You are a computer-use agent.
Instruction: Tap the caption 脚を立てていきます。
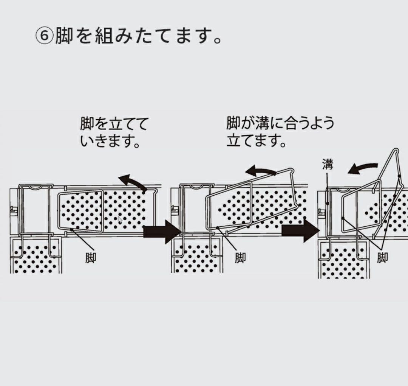pos(113,133)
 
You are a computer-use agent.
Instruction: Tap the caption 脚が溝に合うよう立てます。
pos(280,133)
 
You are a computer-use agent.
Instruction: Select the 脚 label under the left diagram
pos(90,258)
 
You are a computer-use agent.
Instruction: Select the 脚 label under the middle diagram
pos(240,258)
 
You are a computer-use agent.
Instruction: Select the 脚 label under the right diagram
pos(382,258)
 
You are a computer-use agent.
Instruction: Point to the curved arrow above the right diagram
pos(363,168)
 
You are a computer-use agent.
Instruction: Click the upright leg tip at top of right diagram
pos(395,151)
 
